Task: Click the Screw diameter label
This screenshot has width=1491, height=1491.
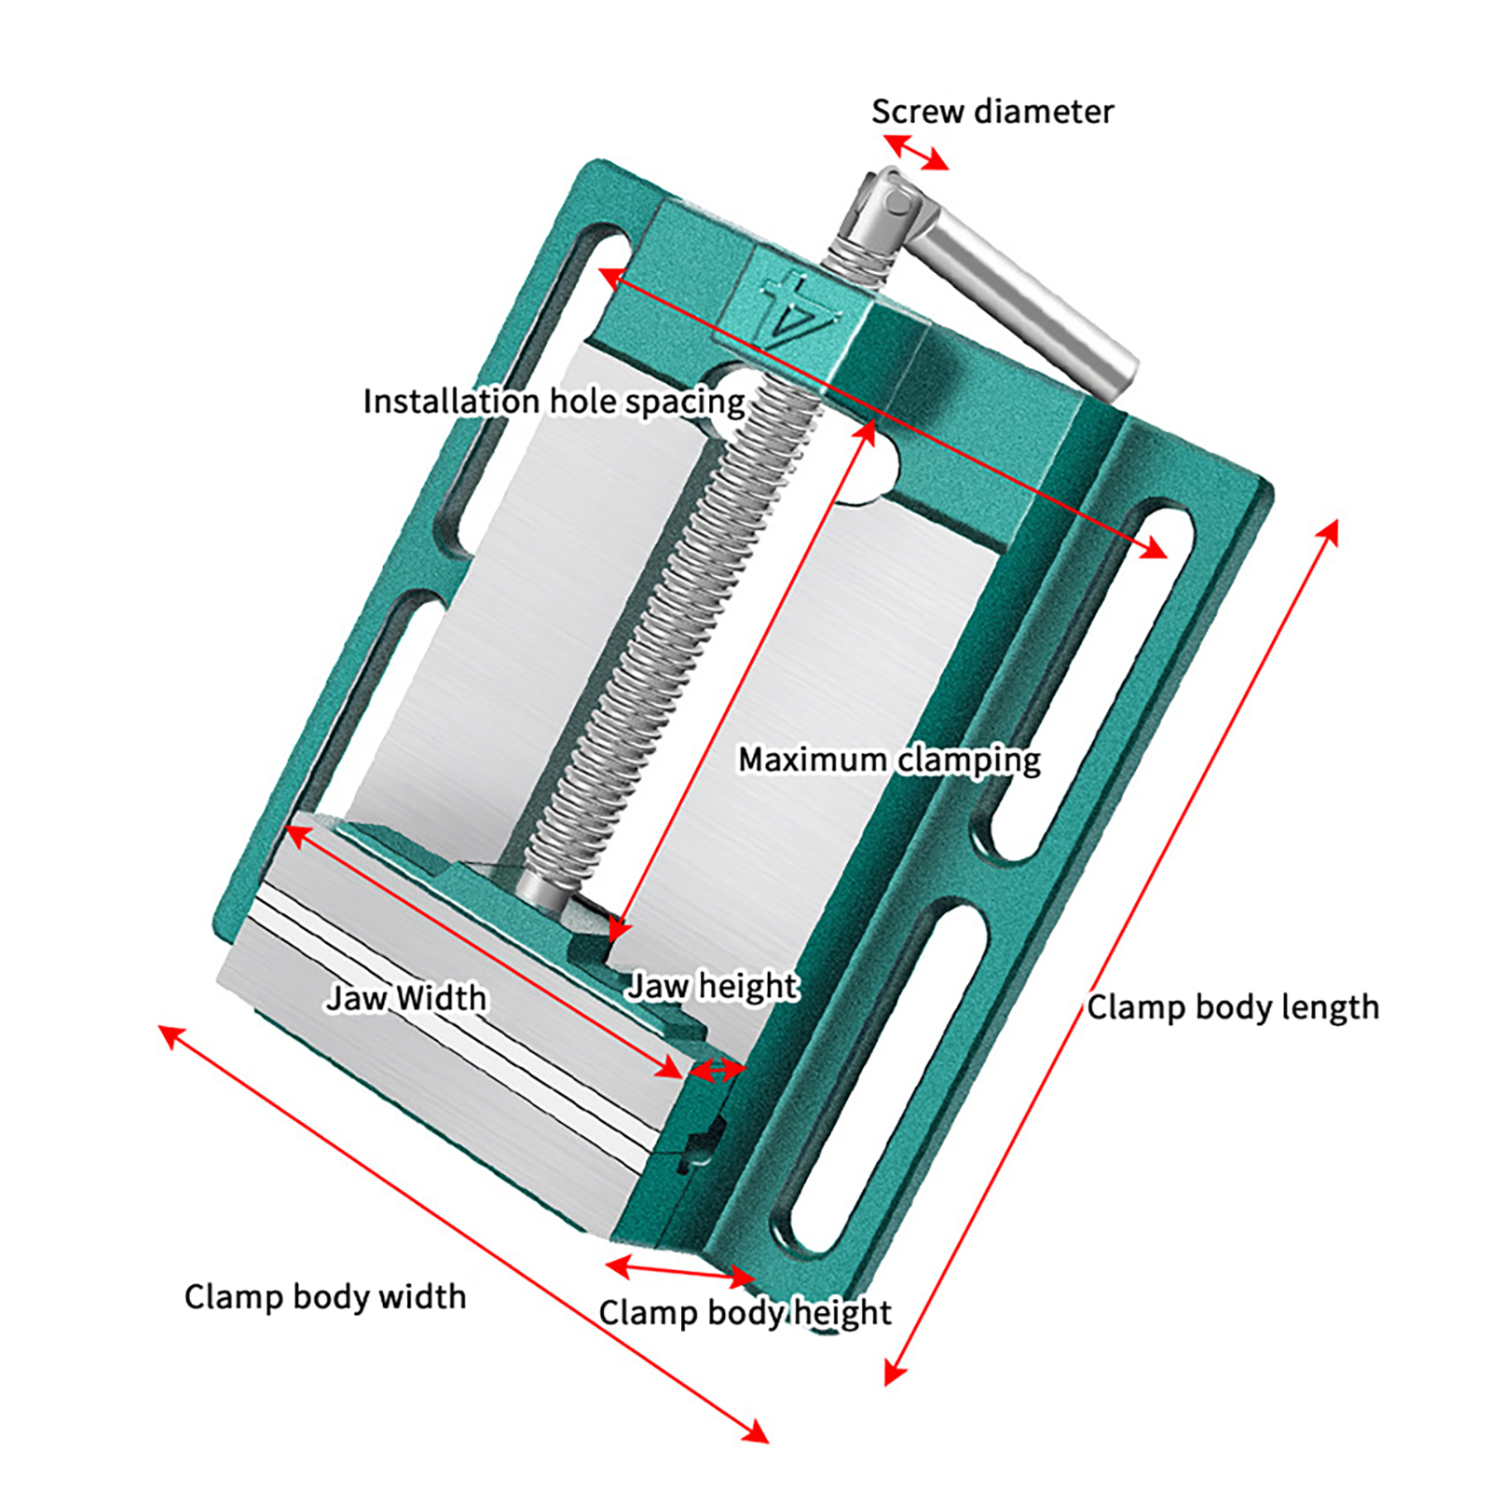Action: point(992,112)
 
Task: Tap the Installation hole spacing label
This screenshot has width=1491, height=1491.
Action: point(554,402)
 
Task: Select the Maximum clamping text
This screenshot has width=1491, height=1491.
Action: point(889,759)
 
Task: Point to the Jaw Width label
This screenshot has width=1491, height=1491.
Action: point(406,998)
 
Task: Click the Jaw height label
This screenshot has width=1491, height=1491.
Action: point(713,986)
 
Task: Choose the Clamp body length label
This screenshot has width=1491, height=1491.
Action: point(1232,1007)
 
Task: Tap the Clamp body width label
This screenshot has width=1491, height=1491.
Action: point(325,1296)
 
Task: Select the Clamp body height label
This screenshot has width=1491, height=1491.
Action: point(745,1312)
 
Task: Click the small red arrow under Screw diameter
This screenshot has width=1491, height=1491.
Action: point(916,152)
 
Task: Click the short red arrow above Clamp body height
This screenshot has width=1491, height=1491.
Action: point(679,1271)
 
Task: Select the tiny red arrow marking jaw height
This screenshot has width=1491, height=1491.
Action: point(717,1071)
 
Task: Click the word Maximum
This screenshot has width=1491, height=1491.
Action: point(812,759)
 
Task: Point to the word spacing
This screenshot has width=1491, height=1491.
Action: point(685,403)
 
